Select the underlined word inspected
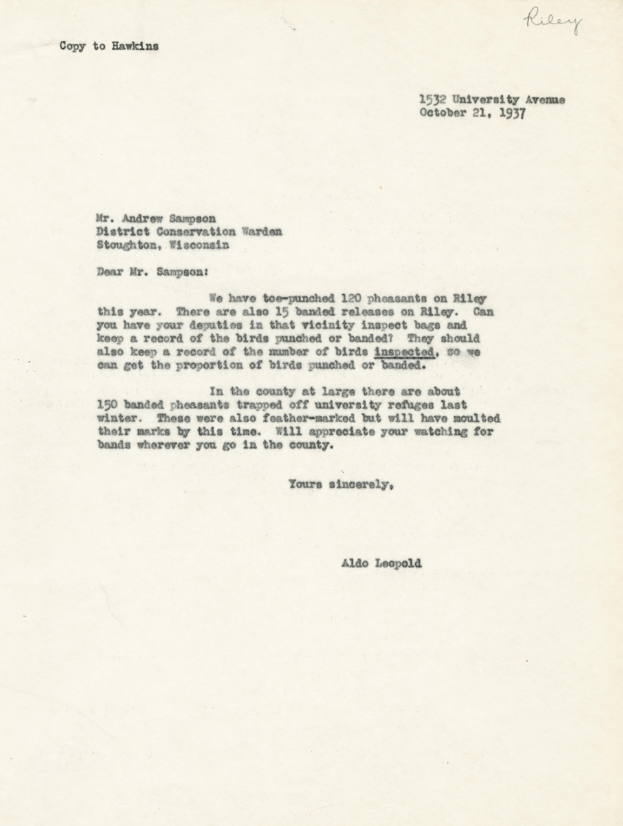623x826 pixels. click(404, 352)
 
